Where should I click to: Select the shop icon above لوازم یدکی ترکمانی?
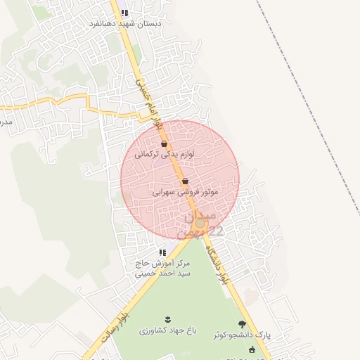(164, 144)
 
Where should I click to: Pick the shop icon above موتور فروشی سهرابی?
(185, 181)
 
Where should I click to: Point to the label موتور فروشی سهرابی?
(185, 191)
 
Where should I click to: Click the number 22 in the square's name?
(215, 231)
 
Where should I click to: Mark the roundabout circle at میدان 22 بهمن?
(200, 224)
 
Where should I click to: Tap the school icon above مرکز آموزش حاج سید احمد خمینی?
(162, 252)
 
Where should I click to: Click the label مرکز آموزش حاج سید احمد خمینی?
(162, 269)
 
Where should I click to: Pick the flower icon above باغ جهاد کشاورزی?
(167, 319)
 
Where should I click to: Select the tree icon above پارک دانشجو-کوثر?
(243, 324)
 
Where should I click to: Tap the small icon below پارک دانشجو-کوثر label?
(252, 349)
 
